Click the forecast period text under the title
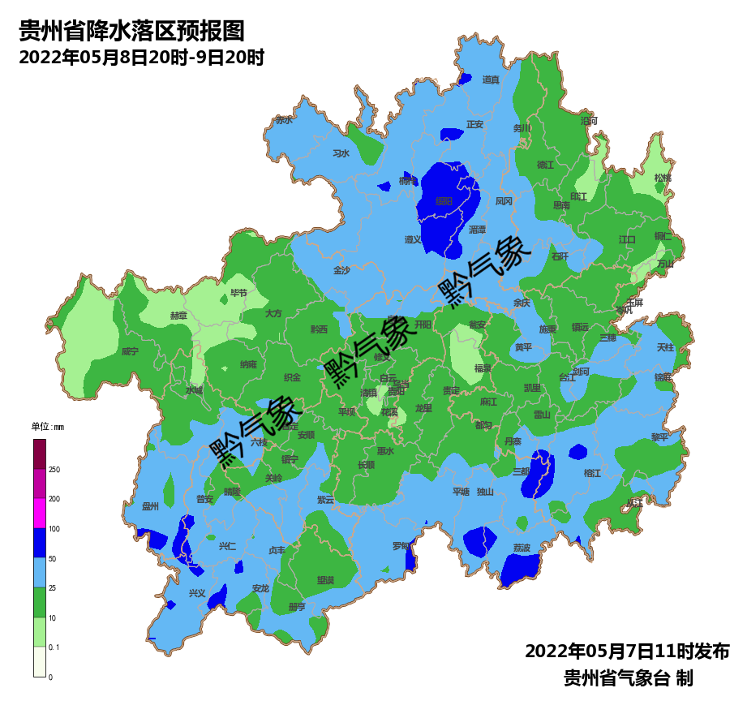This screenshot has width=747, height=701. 141,58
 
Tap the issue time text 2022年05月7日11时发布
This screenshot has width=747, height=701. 627,651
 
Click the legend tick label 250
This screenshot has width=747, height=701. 54,470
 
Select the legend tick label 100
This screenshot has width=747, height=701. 54,529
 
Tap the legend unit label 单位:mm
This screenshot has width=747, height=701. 47,427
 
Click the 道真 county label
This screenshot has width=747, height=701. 492,80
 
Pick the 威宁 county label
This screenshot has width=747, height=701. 130,352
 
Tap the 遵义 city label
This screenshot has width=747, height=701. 413,239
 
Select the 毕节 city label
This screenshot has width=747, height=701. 238,293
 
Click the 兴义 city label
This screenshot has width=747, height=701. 197,593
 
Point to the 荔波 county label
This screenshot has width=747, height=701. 521,548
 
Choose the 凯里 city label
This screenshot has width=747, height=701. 532,388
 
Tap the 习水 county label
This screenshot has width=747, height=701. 341,153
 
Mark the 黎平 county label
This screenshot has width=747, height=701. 659,437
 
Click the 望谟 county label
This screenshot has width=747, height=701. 325,580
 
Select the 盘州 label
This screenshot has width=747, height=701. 150,506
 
